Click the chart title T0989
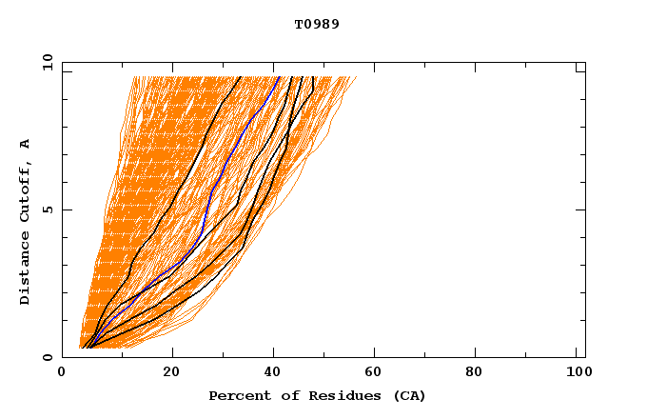317,24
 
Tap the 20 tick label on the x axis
171,373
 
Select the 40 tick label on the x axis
274,373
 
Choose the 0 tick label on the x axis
63,373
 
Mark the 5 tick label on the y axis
47,209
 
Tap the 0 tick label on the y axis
47,357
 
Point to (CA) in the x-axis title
406,395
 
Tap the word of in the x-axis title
280,395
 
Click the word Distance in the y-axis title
26,268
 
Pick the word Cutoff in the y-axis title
26,189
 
